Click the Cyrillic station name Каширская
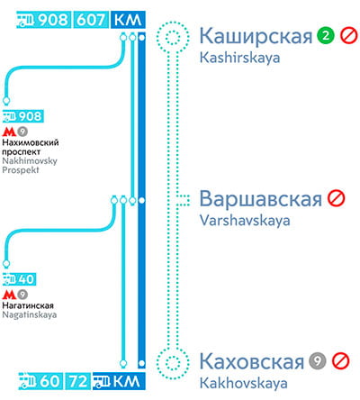tap(256, 37)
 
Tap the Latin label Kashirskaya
tap(239, 58)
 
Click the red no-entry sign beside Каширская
tap(348, 35)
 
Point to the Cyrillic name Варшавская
tap(260, 198)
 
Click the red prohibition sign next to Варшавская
tap(337, 198)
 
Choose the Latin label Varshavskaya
tap(245, 221)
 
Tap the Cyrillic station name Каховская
tap(252, 361)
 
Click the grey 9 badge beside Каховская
tap(318, 360)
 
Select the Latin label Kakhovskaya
tap(243, 384)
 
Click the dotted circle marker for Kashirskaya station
tap(173, 38)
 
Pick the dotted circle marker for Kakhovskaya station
tap(173, 363)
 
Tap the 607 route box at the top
tap(91, 20)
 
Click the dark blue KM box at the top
tap(128, 20)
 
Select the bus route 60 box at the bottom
tap(40, 381)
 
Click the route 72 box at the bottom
tap(78, 381)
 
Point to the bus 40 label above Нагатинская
tap(19, 279)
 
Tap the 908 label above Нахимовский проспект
tap(23, 116)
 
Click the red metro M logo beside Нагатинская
tap(9, 295)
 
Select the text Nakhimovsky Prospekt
tap(30, 166)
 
